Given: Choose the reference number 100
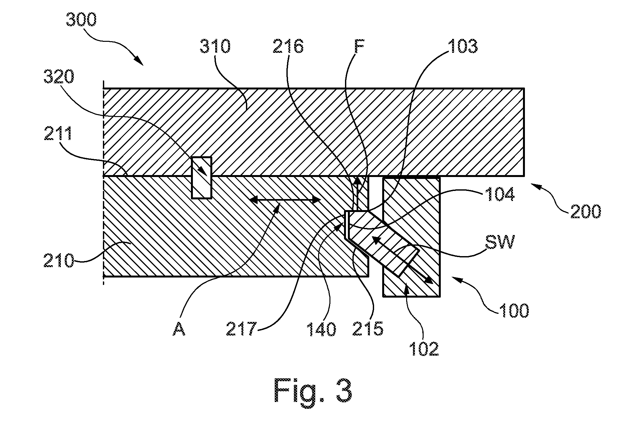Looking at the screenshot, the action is (514, 310).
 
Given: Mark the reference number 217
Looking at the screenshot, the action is (241, 329).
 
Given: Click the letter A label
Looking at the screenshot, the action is (179, 329).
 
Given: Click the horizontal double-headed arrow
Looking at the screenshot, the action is (285, 200).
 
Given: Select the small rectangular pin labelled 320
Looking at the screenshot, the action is (201, 178).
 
